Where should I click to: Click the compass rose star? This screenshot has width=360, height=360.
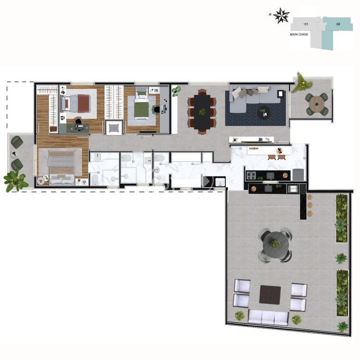[x=282, y=16]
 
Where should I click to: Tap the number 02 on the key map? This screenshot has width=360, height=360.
[x=338, y=23]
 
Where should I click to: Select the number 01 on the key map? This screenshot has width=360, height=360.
[x=306, y=23]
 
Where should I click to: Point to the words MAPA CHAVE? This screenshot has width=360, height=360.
[x=299, y=34]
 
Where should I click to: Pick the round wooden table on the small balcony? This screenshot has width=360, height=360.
[x=318, y=103]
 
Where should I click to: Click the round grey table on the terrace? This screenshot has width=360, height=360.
[x=275, y=244]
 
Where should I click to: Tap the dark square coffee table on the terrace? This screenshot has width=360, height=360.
[x=270, y=295]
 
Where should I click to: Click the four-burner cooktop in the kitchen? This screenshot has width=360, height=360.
[x=251, y=175]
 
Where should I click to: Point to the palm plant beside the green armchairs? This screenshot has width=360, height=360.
[x=15, y=180]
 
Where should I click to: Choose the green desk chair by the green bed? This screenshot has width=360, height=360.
[x=157, y=108]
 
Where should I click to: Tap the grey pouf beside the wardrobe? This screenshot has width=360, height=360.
[x=114, y=128]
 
